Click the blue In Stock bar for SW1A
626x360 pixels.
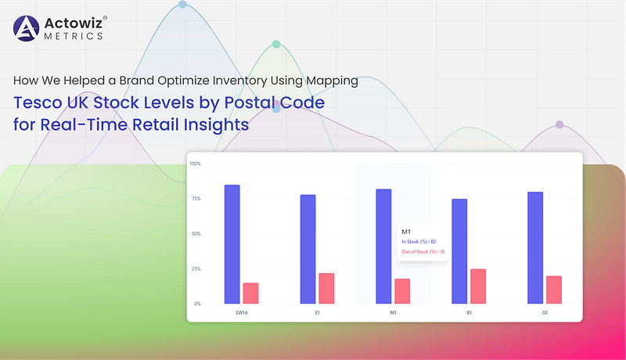coord(232,244)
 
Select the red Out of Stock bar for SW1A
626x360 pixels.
coord(250,293)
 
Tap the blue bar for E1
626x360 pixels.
coord(308,249)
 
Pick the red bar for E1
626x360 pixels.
coord(326,289)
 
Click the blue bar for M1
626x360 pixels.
coord(383,247)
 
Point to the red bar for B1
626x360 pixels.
coord(478,286)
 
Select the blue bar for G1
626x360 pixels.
coord(535,248)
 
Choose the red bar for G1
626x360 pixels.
coord(554,290)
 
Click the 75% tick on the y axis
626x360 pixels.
coord(196,199)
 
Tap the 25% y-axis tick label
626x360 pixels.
coord(196,269)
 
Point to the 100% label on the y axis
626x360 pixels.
coord(195,164)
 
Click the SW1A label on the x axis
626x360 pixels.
coord(242,313)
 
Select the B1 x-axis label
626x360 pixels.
coord(469,313)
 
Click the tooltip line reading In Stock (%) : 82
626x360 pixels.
coord(419,242)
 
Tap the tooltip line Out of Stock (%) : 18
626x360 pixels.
coord(423,252)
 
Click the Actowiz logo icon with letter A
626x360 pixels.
coord(27,28)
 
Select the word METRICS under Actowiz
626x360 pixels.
coord(74,36)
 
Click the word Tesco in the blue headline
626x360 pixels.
coord(37,103)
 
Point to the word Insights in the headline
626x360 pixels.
coord(216,125)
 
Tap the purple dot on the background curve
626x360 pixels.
coord(559,124)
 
